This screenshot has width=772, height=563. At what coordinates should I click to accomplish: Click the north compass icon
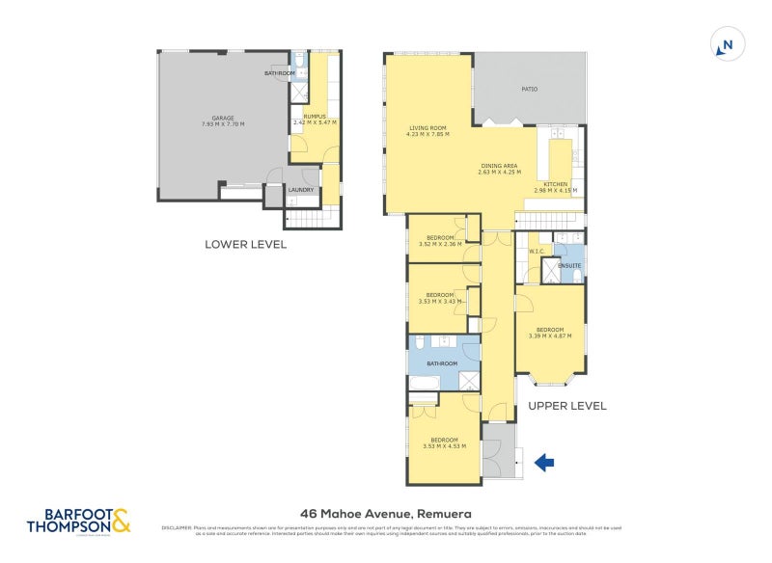728,44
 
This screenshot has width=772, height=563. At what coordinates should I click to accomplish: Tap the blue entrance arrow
544,464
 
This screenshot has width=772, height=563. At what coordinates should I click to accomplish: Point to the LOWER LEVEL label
245,245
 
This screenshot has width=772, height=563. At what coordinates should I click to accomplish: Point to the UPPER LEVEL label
567,406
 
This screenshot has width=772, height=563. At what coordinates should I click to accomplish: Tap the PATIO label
529,89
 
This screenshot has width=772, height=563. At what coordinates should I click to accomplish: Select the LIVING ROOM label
427,127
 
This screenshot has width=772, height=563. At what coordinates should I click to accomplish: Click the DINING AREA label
501,166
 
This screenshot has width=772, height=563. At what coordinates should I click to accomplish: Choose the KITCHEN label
556,183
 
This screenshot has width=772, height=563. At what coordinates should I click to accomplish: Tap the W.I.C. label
538,253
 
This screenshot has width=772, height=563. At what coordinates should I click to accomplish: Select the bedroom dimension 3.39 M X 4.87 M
550,335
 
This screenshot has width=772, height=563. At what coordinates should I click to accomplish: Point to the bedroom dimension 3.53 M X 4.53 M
444,445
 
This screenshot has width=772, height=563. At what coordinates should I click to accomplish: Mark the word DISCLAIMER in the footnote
177,527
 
